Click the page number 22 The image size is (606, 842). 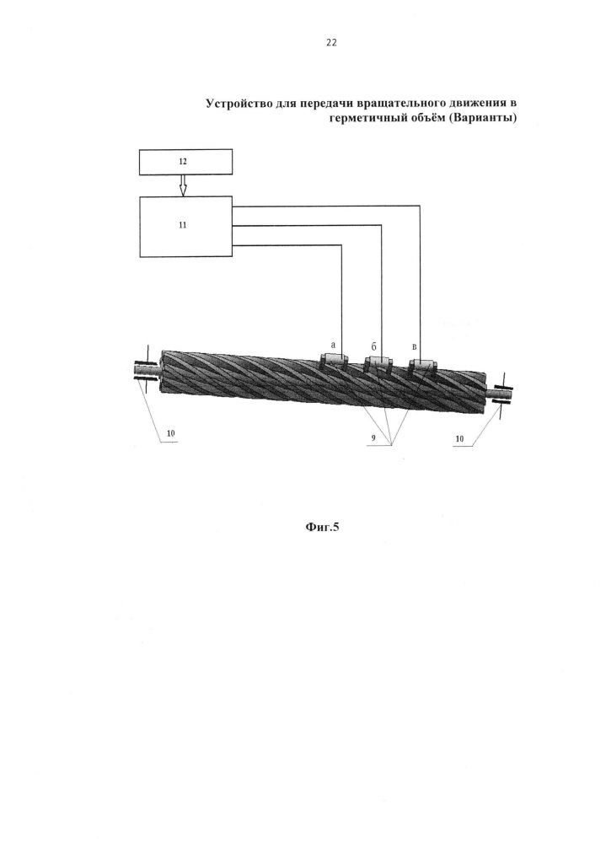coord(331,42)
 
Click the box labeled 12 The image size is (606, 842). coord(185,162)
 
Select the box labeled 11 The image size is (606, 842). coord(185,227)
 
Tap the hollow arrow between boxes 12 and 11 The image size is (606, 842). coord(183,185)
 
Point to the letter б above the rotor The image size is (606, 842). coord(373,346)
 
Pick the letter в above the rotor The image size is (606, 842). coord(414,347)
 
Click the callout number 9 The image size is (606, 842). coord(373,438)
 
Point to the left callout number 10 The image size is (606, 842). coord(171,433)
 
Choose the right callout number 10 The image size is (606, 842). coord(459,439)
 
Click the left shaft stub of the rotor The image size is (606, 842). coord(147,370)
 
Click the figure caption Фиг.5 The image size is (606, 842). coord(322,527)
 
